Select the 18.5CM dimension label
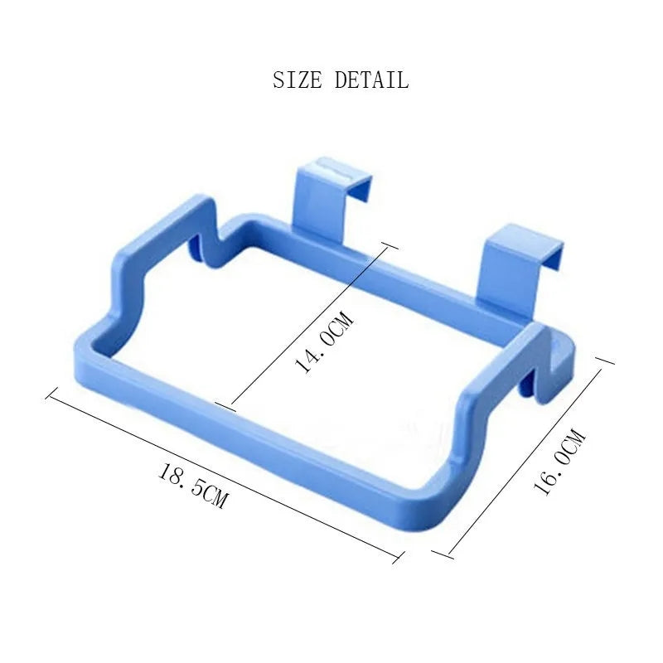(x=192, y=486)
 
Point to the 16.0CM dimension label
(x=559, y=462)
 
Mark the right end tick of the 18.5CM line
(x=399, y=556)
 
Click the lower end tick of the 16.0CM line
(x=441, y=554)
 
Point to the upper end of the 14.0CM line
(x=386, y=244)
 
